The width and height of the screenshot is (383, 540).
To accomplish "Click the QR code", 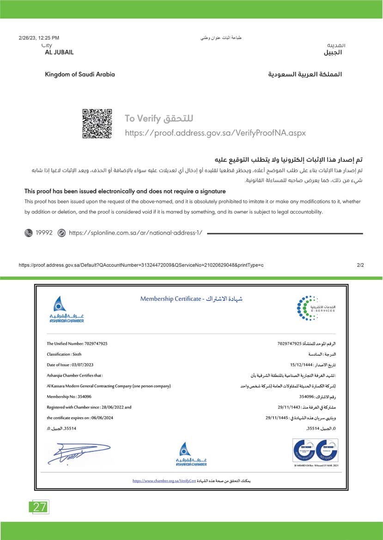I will pos(97,123).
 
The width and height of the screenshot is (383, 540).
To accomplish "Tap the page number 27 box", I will pos(39,507).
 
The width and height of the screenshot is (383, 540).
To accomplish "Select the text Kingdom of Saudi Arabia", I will pos(80,74).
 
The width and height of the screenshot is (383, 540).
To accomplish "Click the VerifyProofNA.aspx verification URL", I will pos(216,133).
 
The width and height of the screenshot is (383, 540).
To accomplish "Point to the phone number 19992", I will pos(44,233).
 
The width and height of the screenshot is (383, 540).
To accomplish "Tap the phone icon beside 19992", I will pos(29,233).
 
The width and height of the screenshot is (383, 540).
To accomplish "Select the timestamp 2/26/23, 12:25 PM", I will pos(39,38).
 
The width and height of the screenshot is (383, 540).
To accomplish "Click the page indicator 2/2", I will pos(361,265).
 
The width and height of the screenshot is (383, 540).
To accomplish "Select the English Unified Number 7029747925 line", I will pos(77,344).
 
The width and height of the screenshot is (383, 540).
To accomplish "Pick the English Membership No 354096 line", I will pos(69,396).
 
